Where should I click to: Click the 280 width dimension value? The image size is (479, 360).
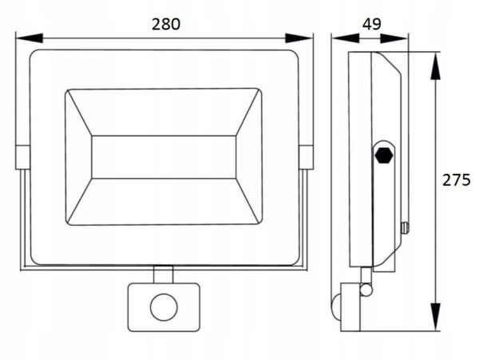(166, 24)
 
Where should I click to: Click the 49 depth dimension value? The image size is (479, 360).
(372, 24)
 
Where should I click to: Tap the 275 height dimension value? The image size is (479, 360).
(457, 180)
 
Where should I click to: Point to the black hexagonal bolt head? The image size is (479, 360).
(384, 155)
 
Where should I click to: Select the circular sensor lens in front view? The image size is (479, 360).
(164, 307)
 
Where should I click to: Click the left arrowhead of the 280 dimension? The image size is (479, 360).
(29, 38)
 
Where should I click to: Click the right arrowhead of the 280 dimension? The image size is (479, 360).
(299, 38)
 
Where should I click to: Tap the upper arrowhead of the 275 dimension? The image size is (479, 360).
(435, 66)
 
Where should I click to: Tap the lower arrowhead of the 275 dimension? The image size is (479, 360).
(435, 317)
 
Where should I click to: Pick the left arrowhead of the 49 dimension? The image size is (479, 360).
(346, 38)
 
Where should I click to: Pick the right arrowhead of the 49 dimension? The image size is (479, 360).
(394, 38)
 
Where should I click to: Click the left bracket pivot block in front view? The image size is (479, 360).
(23, 157)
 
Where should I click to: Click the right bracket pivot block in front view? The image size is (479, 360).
(306, 157)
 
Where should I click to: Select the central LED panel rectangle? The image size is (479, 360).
(164, 157)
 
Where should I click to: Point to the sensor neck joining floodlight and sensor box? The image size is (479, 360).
(163, 275)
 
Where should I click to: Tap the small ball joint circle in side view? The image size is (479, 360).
(366, 290)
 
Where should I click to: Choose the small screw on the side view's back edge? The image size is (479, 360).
(405, 227)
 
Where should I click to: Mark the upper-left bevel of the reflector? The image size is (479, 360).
(79, 113)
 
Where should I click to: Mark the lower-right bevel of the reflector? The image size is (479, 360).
(249, 201)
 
